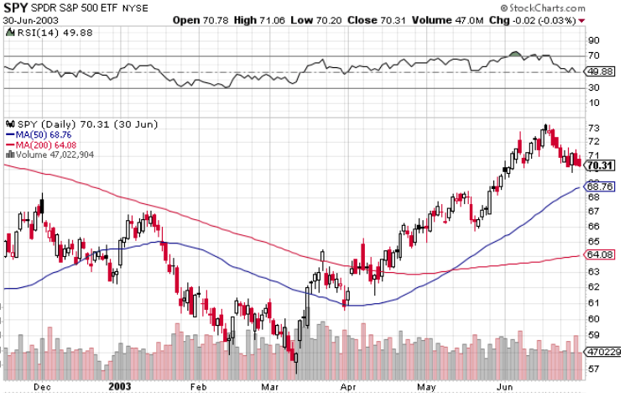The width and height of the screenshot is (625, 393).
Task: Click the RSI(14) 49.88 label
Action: (x=39, y=32)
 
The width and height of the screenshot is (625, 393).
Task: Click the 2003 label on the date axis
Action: (x=120, y=386)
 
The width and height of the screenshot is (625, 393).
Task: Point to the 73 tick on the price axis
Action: (x=593, y=128)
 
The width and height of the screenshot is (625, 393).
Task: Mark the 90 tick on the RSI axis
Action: (x=593, y=40)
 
